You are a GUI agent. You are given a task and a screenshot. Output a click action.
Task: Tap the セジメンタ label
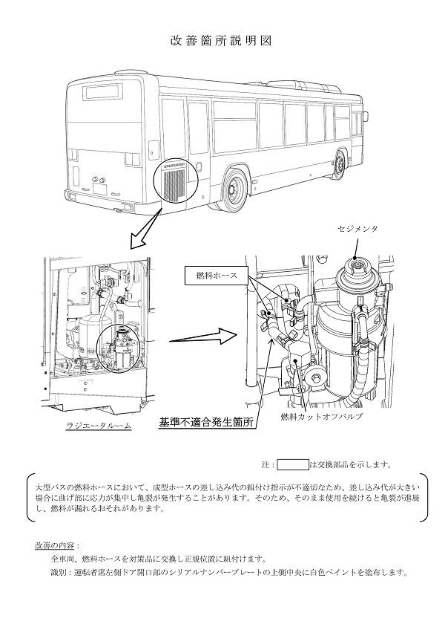(357, 229)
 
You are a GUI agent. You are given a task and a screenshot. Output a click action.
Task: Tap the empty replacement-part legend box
(292, 465)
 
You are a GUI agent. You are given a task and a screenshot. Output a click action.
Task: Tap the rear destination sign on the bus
(102, 92)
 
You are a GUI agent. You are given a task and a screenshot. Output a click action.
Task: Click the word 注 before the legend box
(267, 465)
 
